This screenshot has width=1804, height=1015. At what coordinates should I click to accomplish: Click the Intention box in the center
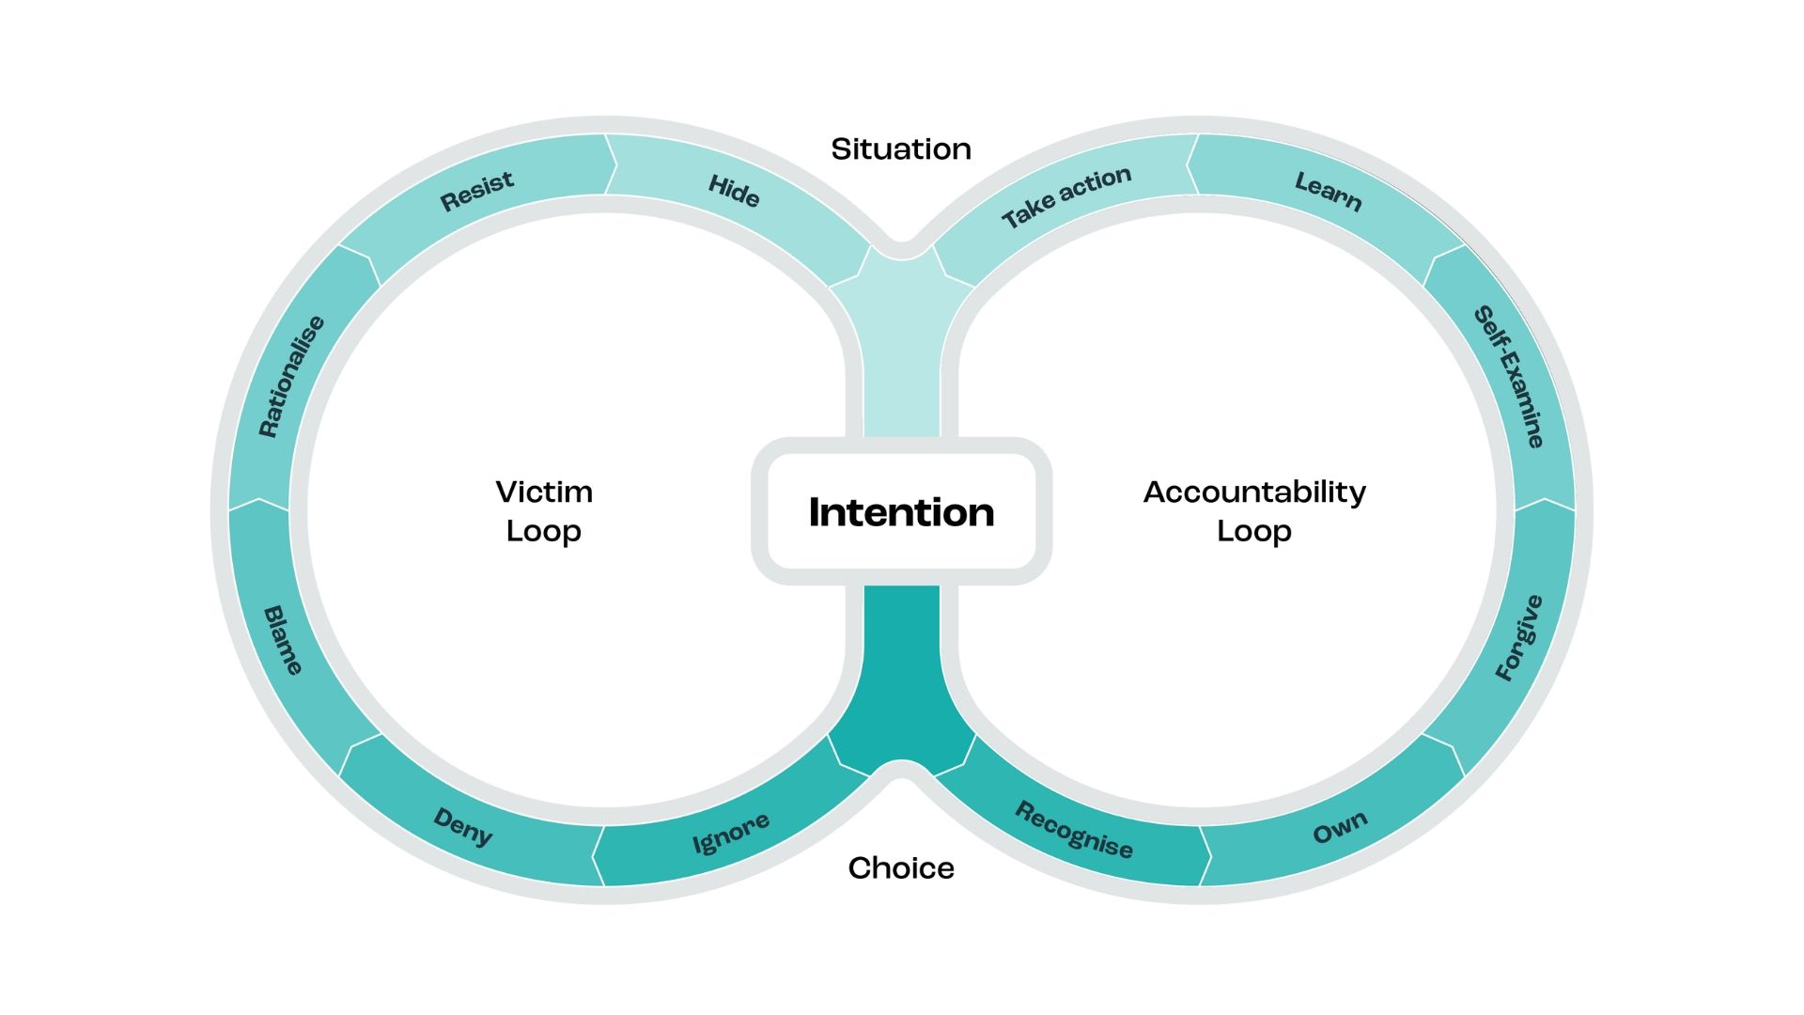point(901,512)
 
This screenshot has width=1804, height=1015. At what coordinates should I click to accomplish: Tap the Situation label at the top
point(901,148)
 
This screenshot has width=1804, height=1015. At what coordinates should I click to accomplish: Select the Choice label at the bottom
point(901,867)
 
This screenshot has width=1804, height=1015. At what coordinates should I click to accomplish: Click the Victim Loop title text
point(544,511)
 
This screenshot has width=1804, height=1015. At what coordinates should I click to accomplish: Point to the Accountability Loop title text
point(1254,511)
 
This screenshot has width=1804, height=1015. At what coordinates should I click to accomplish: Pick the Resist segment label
point(477,190)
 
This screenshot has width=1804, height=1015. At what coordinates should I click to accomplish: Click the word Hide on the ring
point(734,191)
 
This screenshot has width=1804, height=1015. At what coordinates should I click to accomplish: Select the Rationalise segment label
point(291,376)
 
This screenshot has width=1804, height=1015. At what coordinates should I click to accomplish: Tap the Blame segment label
point(283,640)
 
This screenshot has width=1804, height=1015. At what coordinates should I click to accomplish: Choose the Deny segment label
point(462,827)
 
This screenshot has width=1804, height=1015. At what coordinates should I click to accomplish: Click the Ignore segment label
point(731,833)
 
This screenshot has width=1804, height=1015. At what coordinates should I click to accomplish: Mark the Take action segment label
point(1066,196)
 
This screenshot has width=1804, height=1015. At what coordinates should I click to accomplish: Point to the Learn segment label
point(1328,191)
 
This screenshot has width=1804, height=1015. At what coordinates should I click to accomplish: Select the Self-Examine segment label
point(1509,376)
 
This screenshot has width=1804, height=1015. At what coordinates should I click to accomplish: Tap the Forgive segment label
point(1518,637)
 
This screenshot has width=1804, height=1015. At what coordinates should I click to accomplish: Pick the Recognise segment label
point(1074,830)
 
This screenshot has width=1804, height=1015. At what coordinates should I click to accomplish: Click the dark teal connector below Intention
point(901,677)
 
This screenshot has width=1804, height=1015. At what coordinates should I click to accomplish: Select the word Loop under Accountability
point(1254,531)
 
